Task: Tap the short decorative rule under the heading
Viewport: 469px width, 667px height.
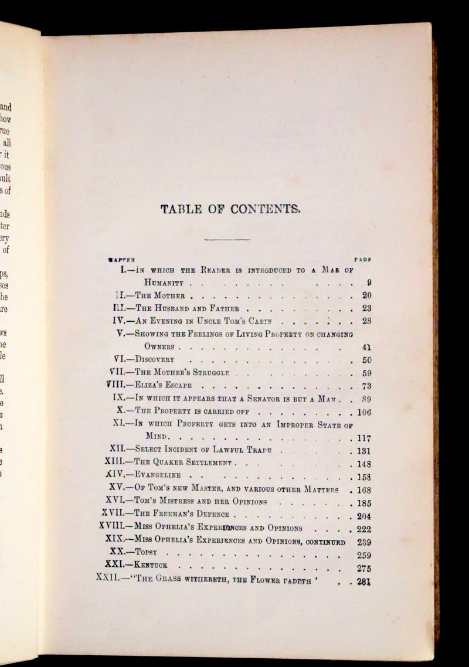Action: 227,239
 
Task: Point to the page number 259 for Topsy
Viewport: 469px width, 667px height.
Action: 364,554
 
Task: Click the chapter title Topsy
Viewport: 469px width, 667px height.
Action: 147,552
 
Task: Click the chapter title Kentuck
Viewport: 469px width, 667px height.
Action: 155,567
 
